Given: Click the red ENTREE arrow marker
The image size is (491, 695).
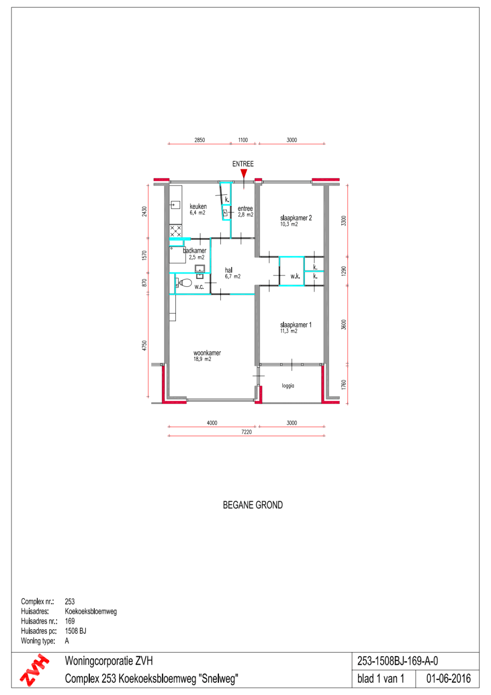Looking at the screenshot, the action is (x=244, y=173).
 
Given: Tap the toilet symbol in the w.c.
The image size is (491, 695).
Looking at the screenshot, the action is (x=184, y=282).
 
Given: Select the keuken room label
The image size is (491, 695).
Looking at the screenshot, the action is (x=198, y=206).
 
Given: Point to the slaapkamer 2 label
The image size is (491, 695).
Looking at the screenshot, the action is (x=296, y=218).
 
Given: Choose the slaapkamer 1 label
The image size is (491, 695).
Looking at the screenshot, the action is (x=296, y=325).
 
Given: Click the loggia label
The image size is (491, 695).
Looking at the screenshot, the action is (x=288, y=386).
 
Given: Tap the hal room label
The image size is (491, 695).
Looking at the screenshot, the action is (x=229, y=270).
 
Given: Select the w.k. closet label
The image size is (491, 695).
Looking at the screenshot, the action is (x=295, y=276).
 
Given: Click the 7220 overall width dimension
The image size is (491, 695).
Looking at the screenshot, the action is (x=246, y=432).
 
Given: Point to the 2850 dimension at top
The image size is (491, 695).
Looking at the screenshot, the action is (x=199, y=140).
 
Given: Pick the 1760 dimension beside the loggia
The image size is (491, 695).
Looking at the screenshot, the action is (x=343, y=385).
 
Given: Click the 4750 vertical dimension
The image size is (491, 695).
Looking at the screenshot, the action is (x=144, y=346).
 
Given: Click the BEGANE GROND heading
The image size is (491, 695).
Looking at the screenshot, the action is (x=253, y=505).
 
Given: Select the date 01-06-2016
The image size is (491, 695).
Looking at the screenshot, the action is (x=448, y=679).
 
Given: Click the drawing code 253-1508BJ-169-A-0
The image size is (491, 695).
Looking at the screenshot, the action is (x=398, y=661).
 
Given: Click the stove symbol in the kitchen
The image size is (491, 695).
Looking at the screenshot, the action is (x=175, y=231).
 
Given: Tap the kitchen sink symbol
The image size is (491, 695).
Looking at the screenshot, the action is (x=175, y=205).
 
